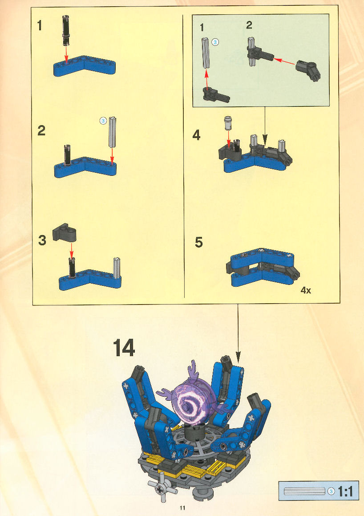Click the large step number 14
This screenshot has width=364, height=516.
coord(124,349)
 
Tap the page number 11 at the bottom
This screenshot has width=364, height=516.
coord(182,508)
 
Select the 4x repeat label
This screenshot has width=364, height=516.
coord(306,290)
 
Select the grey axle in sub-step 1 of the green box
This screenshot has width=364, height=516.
coord(206,53)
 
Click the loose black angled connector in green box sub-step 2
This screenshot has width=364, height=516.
coord(308,70)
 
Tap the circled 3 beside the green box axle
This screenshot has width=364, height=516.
coord(215,42)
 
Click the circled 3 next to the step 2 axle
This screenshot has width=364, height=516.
coord(103,121)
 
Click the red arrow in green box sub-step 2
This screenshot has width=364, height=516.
coord(284,61)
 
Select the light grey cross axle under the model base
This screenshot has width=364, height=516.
coord(160,489)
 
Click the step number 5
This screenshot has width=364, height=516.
coord(198,243)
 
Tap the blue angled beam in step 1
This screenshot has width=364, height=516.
coord(85,66)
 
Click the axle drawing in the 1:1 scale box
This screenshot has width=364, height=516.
coord(304,492)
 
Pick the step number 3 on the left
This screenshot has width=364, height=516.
coord(42,240)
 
